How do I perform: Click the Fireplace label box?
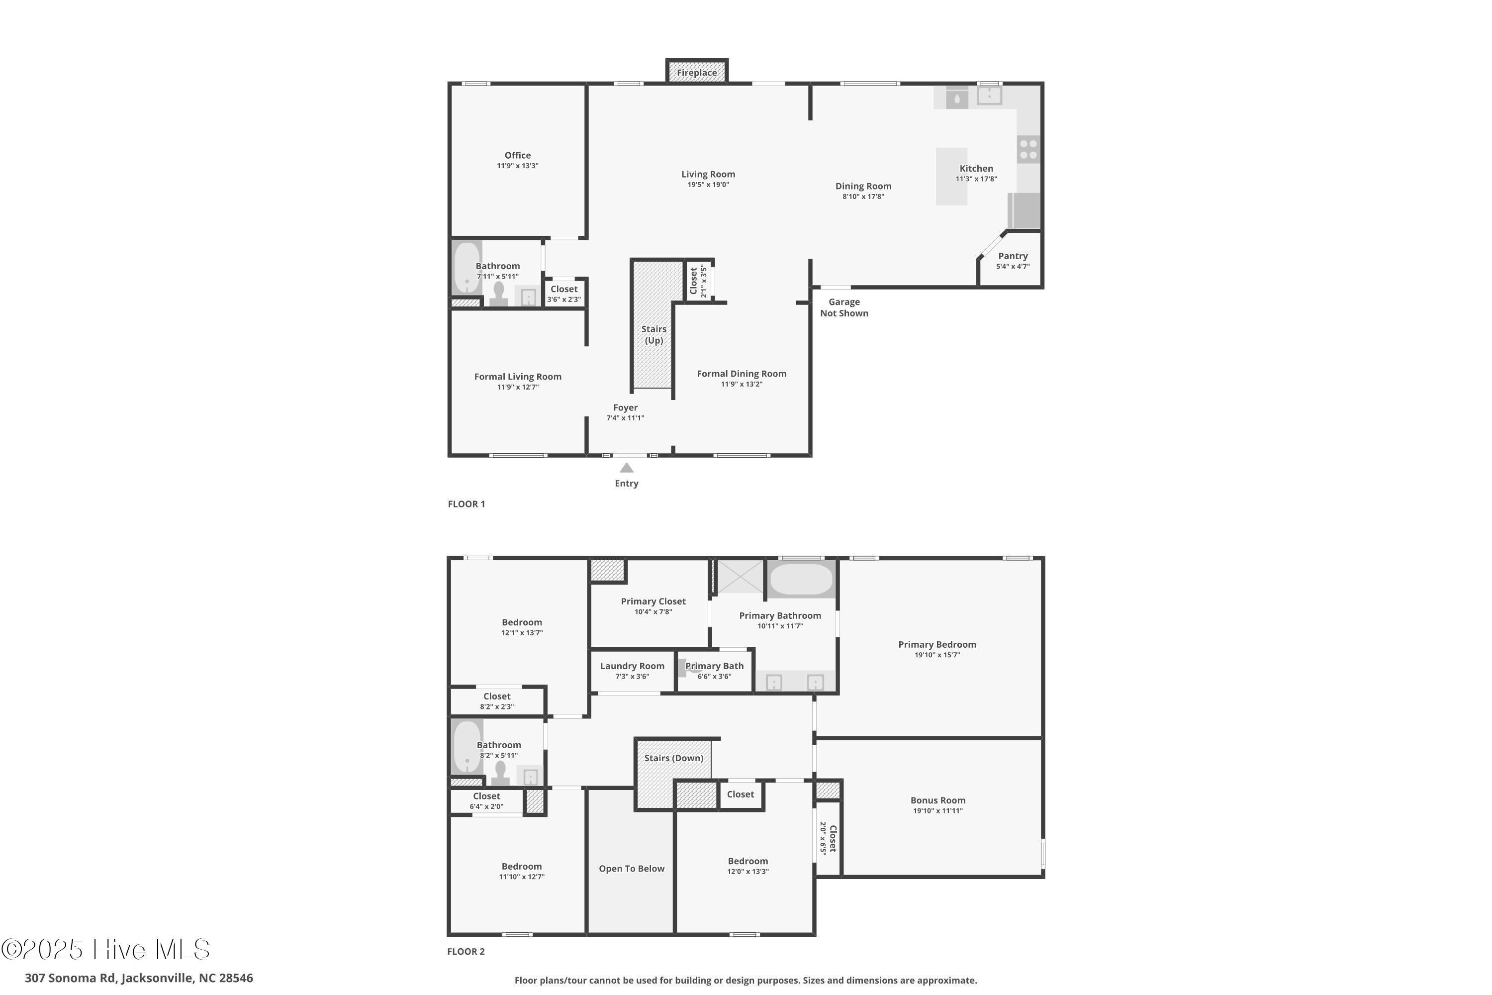click(697, 72)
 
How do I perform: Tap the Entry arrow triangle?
click(626, 468)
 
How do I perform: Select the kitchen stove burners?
click(1028, 150)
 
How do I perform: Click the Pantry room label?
click(1013, 256)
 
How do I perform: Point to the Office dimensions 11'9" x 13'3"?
click(518, 166)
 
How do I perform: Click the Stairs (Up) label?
click(653, 334)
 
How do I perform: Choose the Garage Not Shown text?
click(843, 308)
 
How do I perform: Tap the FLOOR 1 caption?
click(466, 504)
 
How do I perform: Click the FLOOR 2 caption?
click(466, 951)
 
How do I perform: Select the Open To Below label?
click(631, 869)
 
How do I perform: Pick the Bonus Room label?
click(937, 800)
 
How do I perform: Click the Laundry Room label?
click(632, 666)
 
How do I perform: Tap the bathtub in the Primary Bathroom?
click(801, 579)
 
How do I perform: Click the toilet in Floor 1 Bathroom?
click(499, 295)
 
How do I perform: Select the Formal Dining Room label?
click(741, 374)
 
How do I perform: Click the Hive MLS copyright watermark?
click(105, 949)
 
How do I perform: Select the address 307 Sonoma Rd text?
click(138, 978)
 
